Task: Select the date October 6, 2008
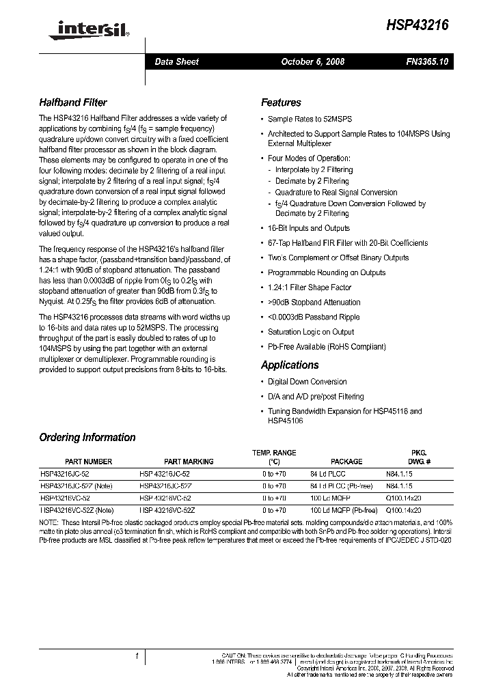tap(312, 61)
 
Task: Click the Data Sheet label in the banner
tap(176, 61)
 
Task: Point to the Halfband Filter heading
tap(73, 102)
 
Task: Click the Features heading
tap(281, 102)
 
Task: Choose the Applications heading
tap(290, 365)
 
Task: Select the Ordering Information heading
tap(87, 437)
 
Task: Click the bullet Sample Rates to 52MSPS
tap(310, 119)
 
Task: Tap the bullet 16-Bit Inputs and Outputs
tap(308, 228)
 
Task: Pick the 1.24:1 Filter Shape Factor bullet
tap(309, 287)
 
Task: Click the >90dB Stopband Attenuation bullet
tap(314, 302)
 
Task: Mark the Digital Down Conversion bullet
tap(307, 382)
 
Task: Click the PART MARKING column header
tap(189, 462)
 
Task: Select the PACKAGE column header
tap(346, 462)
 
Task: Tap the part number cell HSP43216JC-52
tap(67, 473)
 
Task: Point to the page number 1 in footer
tap(138, 656)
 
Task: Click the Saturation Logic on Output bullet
tap(311, 332)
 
